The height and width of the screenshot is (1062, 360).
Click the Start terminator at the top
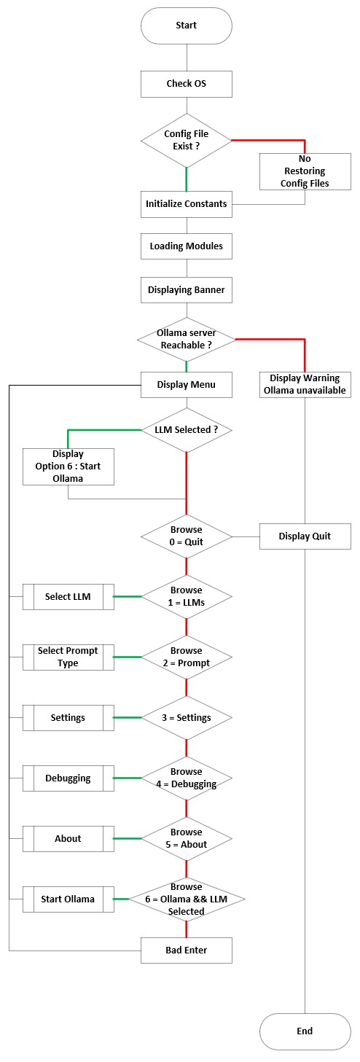tap(187, 26)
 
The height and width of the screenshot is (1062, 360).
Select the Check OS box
tap(187, 84)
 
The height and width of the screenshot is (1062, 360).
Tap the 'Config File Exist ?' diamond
tap(187, 141)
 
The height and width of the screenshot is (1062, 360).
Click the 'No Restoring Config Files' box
tap(305, 171)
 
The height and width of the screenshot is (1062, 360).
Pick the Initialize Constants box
tap(187, 204)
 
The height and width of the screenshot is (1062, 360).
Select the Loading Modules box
tap(187, 246)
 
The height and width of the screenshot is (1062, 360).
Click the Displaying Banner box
tap(187, 289)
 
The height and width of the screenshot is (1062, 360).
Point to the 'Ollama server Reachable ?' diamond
tap(187, 340)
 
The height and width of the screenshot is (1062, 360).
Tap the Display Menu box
tap(187, 385)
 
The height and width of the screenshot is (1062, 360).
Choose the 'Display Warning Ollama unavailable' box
tap(305, 385)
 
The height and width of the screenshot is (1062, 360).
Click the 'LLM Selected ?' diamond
tap(187, 430)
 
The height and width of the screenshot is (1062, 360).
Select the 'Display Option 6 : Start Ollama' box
tap(69, 466)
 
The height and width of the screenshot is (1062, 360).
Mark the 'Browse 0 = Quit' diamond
tap(187, 536)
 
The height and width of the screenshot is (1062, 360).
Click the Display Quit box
tap(305, 536)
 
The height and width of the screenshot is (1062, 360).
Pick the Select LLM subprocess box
tap(69, 596)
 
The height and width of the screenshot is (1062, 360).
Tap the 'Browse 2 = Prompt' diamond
tap(187, 657)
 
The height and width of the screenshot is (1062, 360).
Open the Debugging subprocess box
tap(69, 778)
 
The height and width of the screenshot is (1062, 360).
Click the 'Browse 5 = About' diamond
tap(187, 839)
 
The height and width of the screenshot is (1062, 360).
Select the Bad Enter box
tap(187, 950)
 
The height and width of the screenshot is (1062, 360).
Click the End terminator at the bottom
tap(305, 1031)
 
